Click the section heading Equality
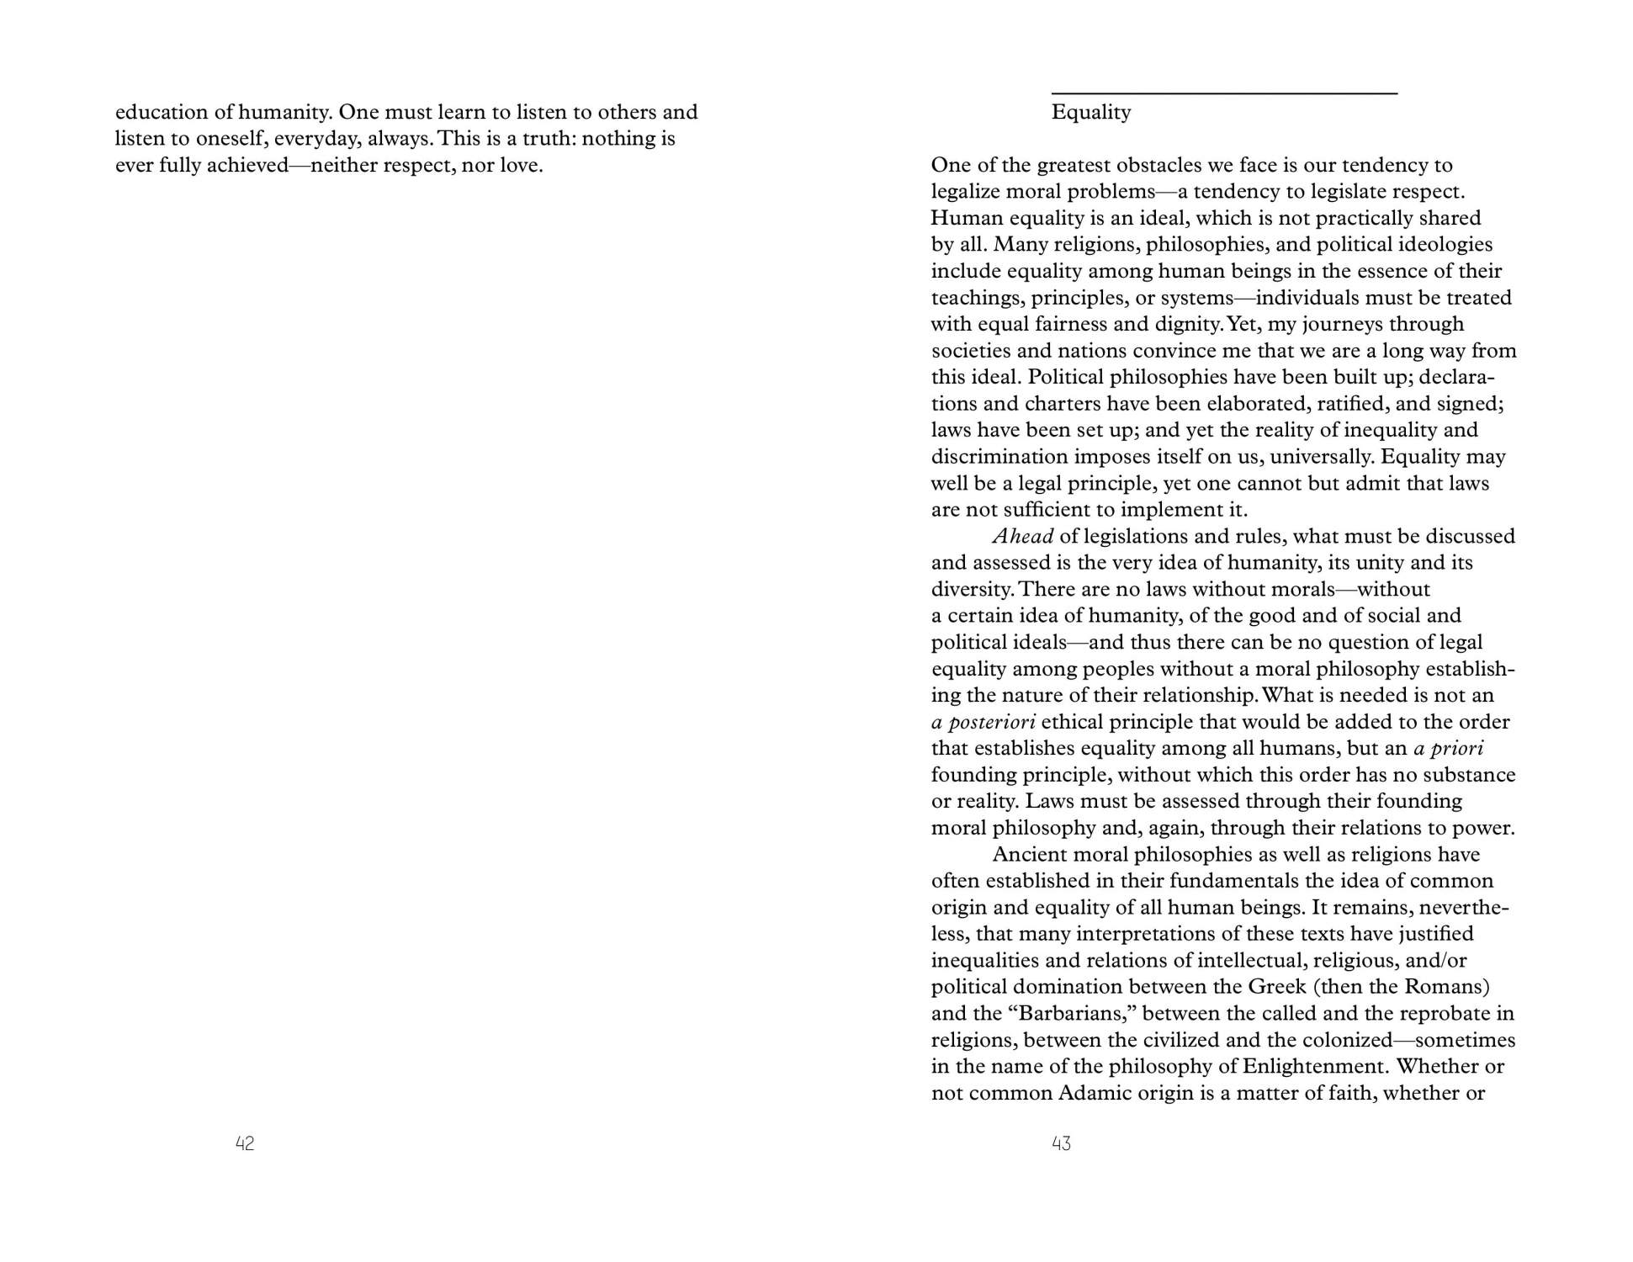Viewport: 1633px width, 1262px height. (1090, 112)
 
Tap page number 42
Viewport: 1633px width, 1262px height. (245, 1143)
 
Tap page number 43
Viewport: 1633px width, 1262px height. (1061, 1143)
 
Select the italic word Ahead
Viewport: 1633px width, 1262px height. (1023, 536)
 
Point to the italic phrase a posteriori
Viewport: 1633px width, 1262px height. (984, 722)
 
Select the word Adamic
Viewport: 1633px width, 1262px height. (1095, 1093)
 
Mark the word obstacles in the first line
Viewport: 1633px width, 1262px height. (1143, 165)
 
